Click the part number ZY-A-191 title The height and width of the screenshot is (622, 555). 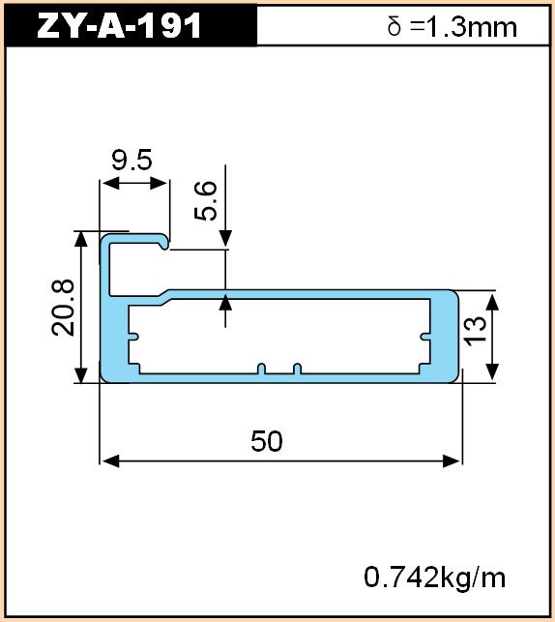pyautogui.click(x=119, y=26)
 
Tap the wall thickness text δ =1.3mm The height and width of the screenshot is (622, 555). pyautogui.click(x=453, y=27)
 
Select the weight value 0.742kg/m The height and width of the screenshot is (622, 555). pyautogui.click(x=435, y=578)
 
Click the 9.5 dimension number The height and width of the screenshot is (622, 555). pyautogui.click(x=131, y=161)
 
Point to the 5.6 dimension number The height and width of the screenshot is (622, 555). pyautogui.click(x=206, y=200)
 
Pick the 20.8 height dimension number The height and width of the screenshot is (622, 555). pyautogui.click(x=63, y=308)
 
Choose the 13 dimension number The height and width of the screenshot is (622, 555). pyautogui.click(x=476, y=331)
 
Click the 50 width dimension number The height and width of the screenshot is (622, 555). pyautogui.click(x=267, y=441)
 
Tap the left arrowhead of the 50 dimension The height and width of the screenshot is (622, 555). pyautogui.click(x=109, y=461)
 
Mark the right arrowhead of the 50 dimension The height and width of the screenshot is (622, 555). pyautogui.click(x=452, y=461)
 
